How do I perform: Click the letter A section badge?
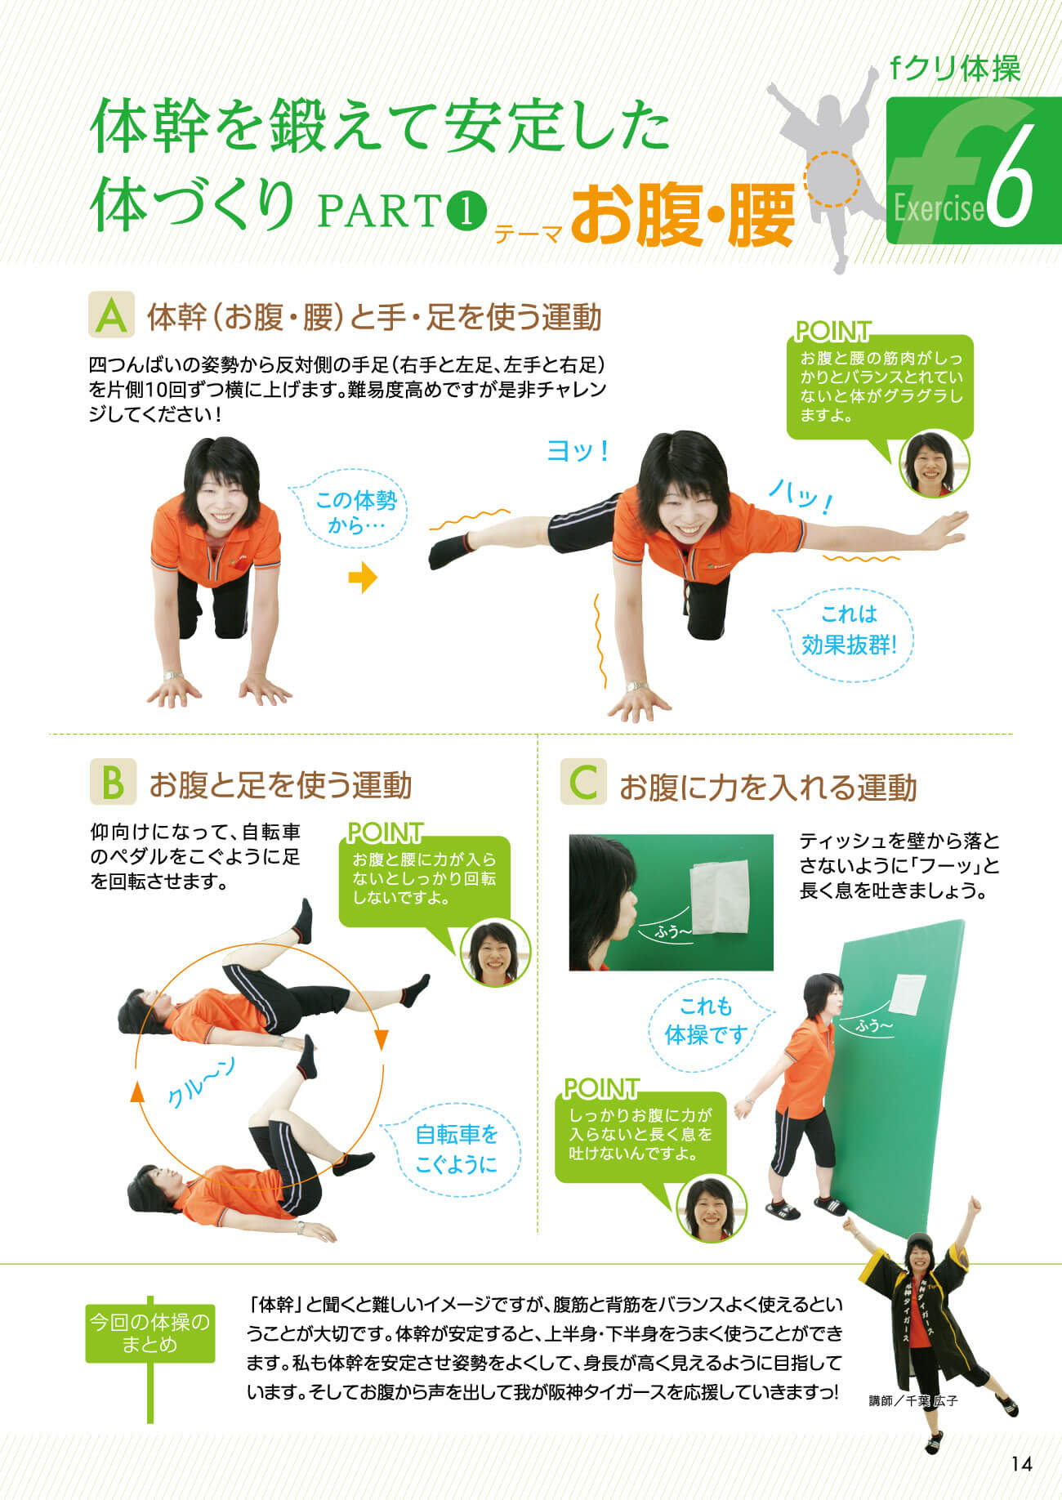112,315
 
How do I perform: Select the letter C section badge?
583,782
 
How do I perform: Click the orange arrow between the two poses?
363,578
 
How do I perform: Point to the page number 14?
1021,1463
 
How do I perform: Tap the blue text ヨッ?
578,451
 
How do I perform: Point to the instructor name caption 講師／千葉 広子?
913,1400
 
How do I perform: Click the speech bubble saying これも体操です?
707,1022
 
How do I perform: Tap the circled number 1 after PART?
467,212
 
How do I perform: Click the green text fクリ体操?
955,69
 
